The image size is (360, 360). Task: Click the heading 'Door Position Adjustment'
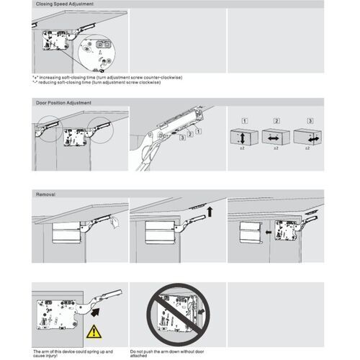point(63,103)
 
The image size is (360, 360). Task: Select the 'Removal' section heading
point(45,194)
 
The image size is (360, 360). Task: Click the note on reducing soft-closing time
point(96,82)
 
